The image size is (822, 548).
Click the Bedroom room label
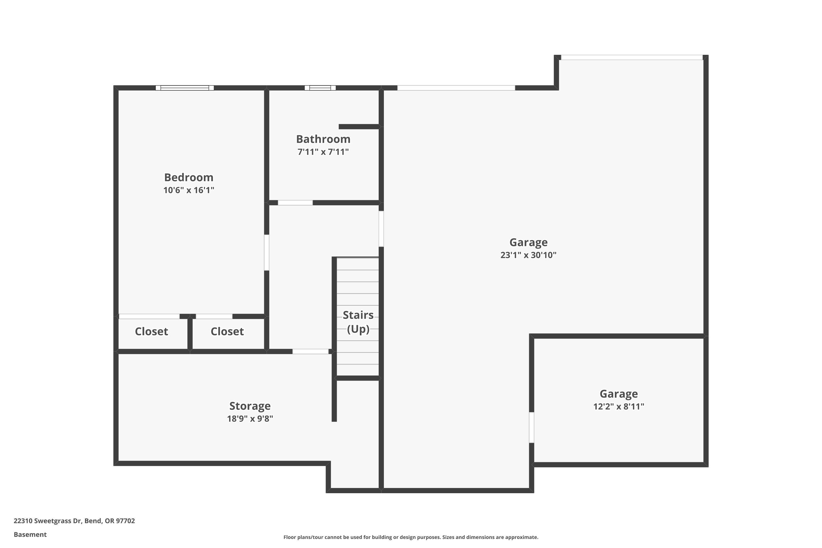(189, 177)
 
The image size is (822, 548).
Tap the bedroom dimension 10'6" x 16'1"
(189, 190)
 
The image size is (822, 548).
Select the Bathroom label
(323, 139)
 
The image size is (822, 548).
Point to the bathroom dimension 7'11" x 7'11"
(323, 152)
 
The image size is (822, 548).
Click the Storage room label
(250, 406)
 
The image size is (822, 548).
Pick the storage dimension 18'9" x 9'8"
(250, 419)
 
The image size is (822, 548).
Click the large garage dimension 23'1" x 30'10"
(528, 255)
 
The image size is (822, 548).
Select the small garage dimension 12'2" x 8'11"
(619, 406)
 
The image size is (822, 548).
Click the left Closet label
(151, 331)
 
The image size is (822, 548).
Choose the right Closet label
(227, 331)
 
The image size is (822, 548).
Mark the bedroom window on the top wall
(184, 88)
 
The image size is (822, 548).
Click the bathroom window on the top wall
(320, 88)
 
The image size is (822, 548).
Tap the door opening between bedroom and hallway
(267, 252)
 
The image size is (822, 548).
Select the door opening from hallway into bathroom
(295, 203)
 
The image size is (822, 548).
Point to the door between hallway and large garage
(381, 229)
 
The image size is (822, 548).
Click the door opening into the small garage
(532, 427)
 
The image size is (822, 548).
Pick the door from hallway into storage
(310, 351)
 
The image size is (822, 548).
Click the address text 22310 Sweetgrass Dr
(74, 521)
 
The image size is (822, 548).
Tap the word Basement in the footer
(30, 534)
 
